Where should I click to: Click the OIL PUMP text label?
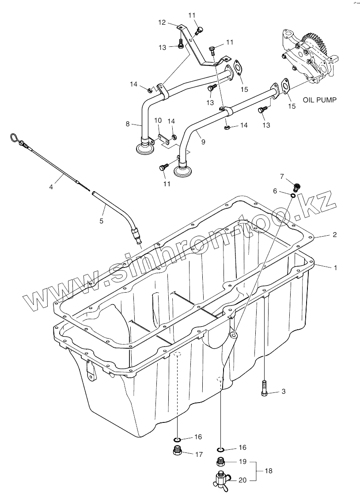click(319, 100)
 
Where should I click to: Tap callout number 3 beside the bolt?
click(284, 392)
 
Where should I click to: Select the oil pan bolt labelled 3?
click(264, 387)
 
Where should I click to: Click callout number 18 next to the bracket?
click(269, 471)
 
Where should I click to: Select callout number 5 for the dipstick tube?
click(101, 221)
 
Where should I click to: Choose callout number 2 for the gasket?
click(334, 235)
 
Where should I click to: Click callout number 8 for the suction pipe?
click(128, 124)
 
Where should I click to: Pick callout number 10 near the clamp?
click(158, 121)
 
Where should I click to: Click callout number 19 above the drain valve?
click(242, 462)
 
